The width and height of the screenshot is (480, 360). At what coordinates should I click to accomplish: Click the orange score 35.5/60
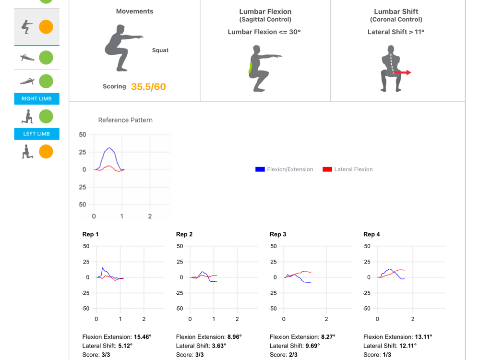click(148, 86)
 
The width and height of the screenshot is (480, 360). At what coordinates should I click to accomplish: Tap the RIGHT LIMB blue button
click(37, 98)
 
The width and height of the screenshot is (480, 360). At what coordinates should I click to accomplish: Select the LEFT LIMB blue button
click(37, 134)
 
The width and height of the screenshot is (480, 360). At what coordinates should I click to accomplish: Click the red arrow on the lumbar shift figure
click(402, 72)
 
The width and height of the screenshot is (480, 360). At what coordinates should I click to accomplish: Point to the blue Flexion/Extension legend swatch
click(260, 169)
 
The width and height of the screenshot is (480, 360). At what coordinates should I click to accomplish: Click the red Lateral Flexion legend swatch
click(327, 169)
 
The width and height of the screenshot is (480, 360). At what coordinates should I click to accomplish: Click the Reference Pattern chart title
click(125, 120)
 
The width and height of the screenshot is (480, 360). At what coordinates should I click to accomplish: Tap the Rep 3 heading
click(277, 234)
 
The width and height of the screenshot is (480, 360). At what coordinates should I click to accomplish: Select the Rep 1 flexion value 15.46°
click(143, 337)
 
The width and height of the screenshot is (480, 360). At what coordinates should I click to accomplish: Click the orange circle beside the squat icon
click(46, 27)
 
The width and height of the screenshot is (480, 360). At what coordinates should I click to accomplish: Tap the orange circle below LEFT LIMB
click(46, 152)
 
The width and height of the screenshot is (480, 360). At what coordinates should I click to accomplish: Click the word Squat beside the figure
click(160, 50)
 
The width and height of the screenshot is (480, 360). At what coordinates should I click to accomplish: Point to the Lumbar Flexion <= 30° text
click(264, 32)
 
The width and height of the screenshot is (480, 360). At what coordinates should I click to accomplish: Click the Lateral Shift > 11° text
click(396, 32)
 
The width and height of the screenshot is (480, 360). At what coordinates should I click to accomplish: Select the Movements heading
click(134, 12)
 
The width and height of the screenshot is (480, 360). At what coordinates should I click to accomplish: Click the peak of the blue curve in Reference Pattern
click(109, 148)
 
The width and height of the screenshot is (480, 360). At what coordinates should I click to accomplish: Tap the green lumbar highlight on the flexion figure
click(250, 68)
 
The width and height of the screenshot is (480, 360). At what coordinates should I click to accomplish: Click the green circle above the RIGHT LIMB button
click(46, 81)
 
